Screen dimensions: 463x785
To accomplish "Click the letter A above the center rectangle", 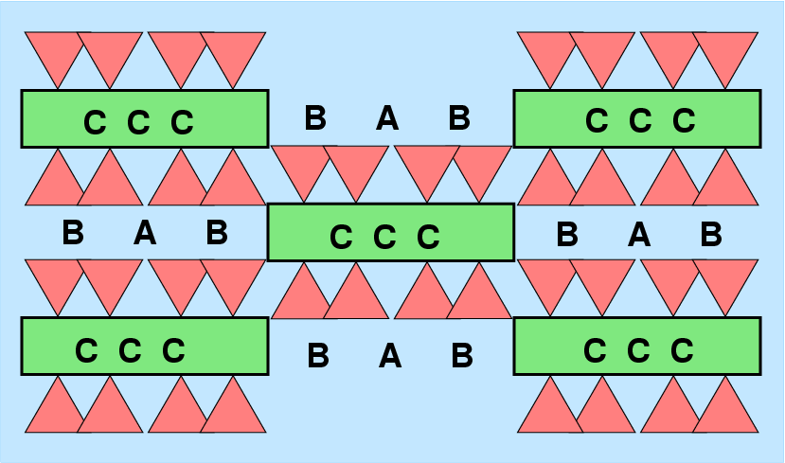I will [386, 119].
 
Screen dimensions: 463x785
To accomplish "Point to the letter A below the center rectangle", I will [389, 357].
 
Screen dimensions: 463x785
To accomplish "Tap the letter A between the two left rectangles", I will [144, 233].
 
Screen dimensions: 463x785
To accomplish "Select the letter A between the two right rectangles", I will [639, 234].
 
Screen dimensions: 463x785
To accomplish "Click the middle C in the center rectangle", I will [384, 238].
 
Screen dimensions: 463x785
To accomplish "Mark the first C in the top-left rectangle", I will [95, 123].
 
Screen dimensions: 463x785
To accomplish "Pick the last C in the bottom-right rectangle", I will [683, 351].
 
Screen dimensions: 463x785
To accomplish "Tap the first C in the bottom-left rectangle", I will [86, 351].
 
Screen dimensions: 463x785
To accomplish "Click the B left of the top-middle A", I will [315, 118].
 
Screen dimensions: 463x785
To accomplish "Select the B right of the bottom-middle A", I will [461, 356].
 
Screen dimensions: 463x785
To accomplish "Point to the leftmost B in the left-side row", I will [73, 233].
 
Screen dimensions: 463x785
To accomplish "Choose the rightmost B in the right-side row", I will [711, 234].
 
